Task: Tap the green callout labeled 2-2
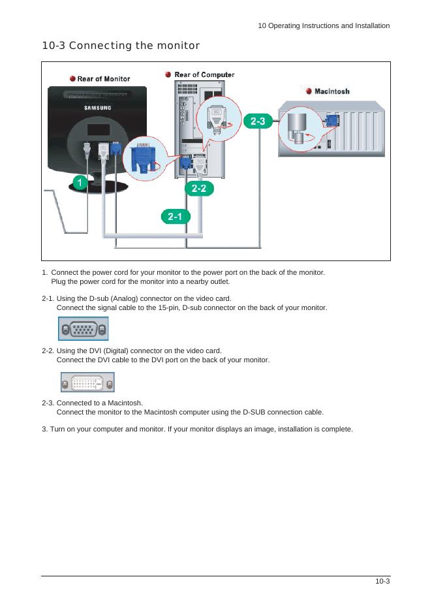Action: point(199,189)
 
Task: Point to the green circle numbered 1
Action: point(79,183)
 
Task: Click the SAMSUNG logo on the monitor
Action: point(96,107)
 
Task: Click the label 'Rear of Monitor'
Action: point(104,79)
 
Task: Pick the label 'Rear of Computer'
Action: point(204,75)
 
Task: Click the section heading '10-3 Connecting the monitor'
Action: point(120,46)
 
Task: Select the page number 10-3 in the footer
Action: point(382,582)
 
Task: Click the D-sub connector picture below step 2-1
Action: point(83,329)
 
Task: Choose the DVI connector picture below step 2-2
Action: point(87,382)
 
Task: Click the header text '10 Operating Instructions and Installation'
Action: point(324,26)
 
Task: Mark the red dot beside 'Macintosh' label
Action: point(309,91)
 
